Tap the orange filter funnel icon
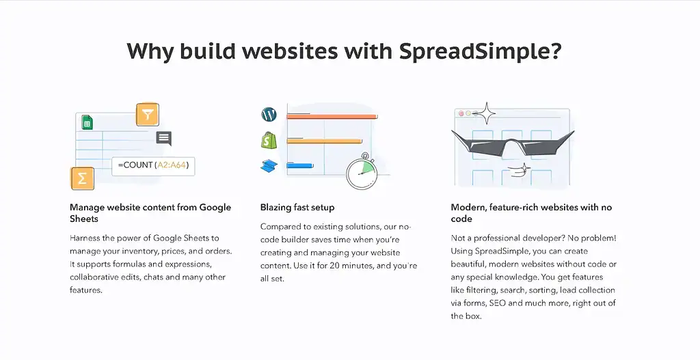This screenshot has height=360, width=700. click(x=147, y=114)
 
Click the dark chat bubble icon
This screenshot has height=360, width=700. click(x=163, y=138)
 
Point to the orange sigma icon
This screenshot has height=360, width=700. click(x=82, y=178)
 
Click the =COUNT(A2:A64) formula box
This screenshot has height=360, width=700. click(x=153, y=165)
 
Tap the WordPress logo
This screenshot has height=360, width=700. click(x=268, y=114)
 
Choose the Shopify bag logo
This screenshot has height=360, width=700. click(x=268, y=140)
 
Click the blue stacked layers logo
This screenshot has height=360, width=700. click(x=268, y=165)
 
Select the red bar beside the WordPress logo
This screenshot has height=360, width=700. click(x=332, y=117)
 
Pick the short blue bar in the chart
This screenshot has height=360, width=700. click(x=299, y=165)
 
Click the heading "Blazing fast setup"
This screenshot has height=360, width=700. click(x=297, y=207)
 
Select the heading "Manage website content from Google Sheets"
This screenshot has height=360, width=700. click(x=150, y=212)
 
